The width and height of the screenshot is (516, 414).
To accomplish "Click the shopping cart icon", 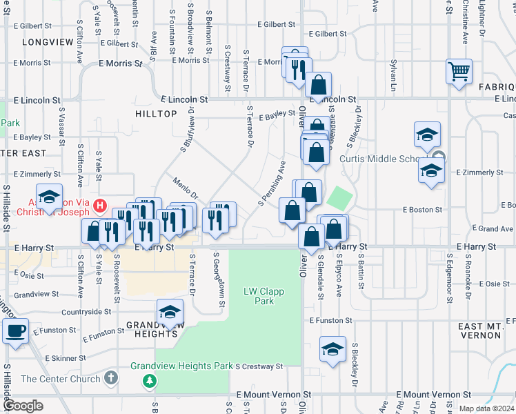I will (x=459, y=71).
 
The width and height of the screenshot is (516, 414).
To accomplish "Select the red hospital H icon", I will (x=101, y=205).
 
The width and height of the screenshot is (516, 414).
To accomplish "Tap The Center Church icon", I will (x=112, y=378).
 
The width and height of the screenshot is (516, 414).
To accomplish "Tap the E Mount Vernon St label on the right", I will (x=435, y=395).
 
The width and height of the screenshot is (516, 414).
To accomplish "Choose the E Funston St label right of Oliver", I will (x=330, y=321).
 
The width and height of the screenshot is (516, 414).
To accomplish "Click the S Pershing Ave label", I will (x=272, y=184).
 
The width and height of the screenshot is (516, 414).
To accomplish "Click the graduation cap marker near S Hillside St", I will (x=50, y=197).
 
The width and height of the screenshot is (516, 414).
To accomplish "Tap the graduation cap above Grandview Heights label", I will (x=170, y=312).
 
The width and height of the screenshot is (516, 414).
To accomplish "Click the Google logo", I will (x=23, y=406).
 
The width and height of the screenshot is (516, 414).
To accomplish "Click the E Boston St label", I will (x=422, y=210).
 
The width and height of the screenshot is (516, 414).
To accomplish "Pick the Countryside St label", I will (x=86, y=312).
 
